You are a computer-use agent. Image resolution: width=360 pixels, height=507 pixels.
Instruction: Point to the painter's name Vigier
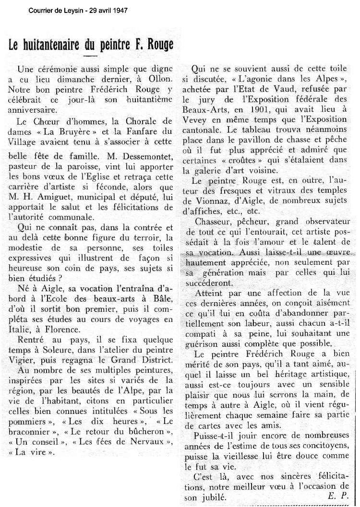pos(26,360)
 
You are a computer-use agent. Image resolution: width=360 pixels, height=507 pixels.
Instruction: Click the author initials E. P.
pos(338,497)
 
